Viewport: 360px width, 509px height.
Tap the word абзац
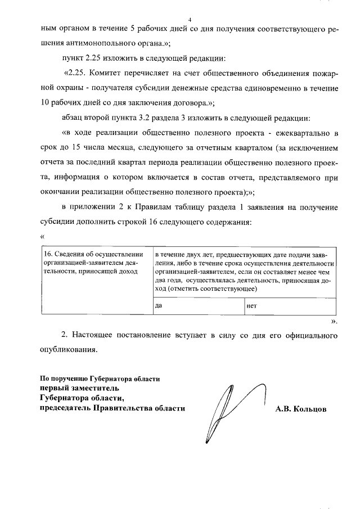(x=74, y=118)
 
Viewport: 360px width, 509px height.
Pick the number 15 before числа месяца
(x=83, y=148)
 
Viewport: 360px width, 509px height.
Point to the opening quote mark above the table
(x=42, y=236)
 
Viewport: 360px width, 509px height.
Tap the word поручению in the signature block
(x=71, y=378)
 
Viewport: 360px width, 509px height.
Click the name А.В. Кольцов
(x=301, y=409)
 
